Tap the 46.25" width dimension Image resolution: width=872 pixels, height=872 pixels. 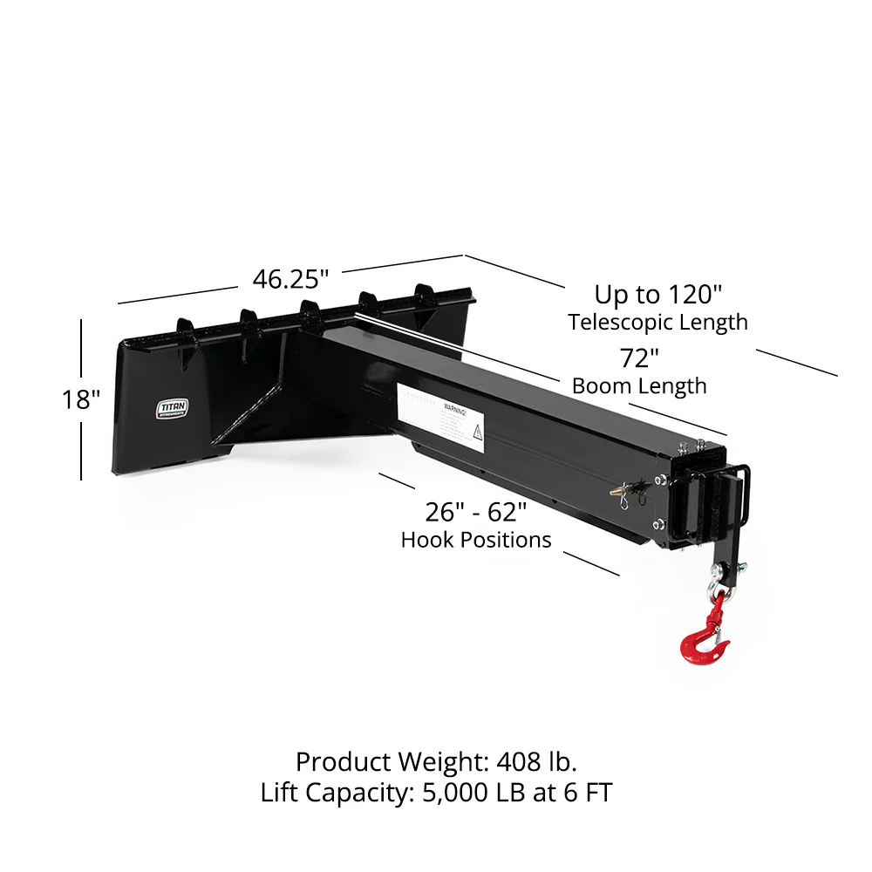point(290,279)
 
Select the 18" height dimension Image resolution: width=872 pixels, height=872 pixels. point(82,400)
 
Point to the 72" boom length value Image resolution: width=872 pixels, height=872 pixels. point(639,358)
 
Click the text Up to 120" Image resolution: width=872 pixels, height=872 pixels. point(658,294)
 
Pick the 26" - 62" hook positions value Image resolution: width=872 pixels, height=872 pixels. point(475,511)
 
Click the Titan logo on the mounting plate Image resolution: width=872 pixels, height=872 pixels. point(171,409)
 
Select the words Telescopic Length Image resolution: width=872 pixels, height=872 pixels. point(658,322)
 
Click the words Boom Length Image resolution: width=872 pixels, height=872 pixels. point(639,385)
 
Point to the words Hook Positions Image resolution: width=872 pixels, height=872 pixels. point(476,540)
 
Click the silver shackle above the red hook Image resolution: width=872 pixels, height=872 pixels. point(718,599)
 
